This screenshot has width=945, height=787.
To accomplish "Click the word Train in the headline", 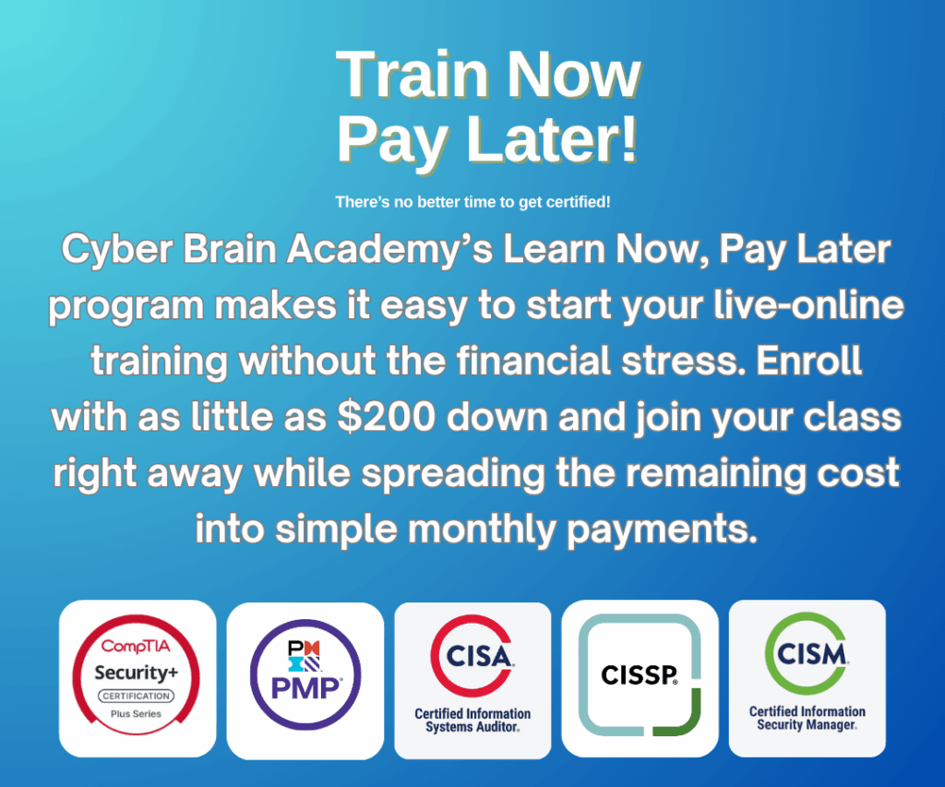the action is (x=412, y=75).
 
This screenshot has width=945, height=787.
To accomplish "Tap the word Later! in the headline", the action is (x=552, y=140).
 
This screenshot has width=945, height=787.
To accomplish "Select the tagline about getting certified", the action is (x=473, y=202).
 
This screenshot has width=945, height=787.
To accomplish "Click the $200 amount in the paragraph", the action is (x=387, y=416).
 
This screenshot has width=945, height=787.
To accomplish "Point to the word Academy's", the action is (x=389, y=250).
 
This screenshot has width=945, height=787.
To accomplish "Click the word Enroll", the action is (x=808, y=361).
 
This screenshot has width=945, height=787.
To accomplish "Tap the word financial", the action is (x=533, y=361).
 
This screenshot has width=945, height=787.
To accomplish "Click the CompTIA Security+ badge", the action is (x=138, y=678).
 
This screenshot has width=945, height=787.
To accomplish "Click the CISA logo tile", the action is (x=472, y=680).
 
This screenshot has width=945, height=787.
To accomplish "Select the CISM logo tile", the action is (x=807, y=678).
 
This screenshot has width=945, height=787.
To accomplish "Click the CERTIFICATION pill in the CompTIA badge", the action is (x=137, y=696).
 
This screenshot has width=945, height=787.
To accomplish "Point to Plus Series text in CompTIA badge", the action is (x=137, y=714).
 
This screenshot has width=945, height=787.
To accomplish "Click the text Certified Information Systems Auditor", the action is (x=472, y=721).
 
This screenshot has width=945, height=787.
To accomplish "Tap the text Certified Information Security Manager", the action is (x=807, y=718).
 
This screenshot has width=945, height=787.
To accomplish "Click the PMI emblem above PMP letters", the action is (x=305, y=656).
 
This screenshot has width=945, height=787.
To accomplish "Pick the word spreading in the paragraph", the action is (x=453, y=473).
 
